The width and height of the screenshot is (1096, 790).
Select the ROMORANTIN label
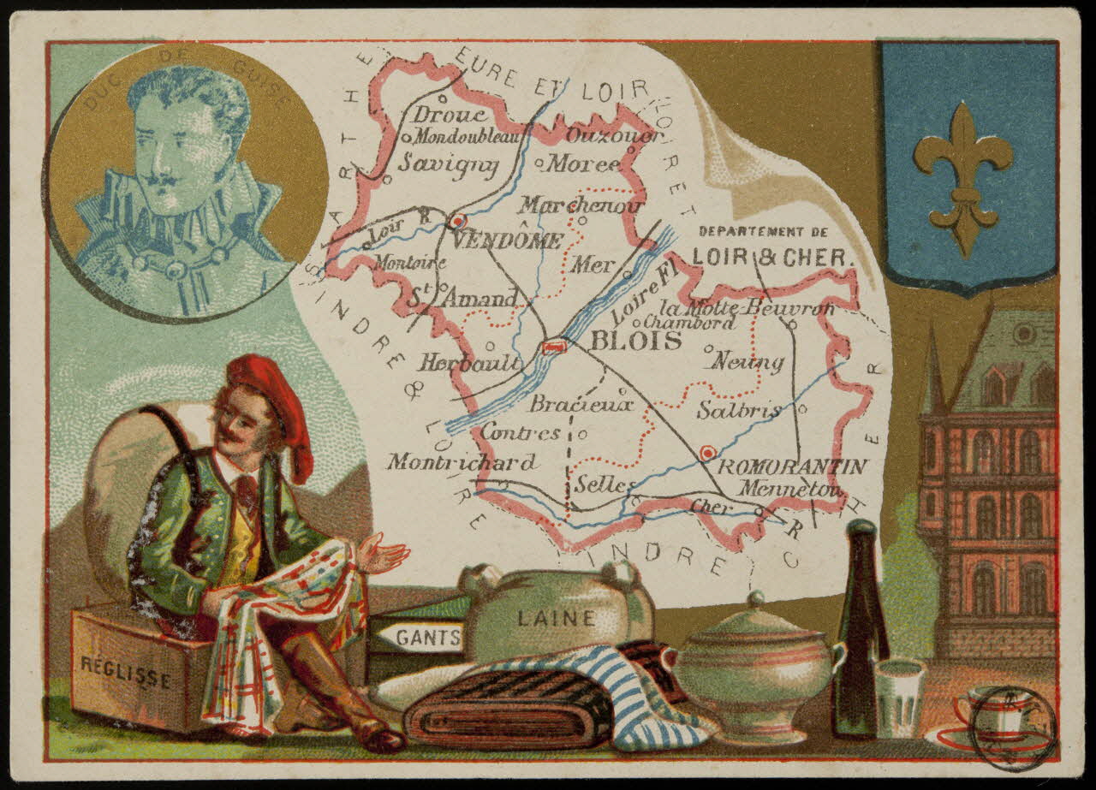pos(791,466)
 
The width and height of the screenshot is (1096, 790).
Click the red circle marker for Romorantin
pos(706,452)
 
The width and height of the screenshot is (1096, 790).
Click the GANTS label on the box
pos(418,637)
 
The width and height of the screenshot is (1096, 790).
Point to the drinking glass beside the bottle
pos(898,697)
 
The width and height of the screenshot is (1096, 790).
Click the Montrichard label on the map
pos(462,462)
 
